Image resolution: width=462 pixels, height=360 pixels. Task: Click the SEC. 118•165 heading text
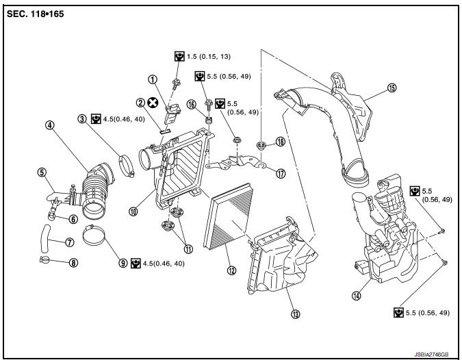click(x=35, y=14)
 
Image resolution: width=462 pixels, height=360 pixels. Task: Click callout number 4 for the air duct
click(x=50, y=125)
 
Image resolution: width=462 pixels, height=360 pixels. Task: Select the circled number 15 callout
click(x=392, y=88)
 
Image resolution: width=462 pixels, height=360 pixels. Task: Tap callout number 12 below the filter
click(x=232, y=270)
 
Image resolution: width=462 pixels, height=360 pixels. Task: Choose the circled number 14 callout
click(x=356, y=296)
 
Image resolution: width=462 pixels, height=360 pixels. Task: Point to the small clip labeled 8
click(x=47, y=260)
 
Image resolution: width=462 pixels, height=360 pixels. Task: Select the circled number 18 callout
click(x=281, y=142)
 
